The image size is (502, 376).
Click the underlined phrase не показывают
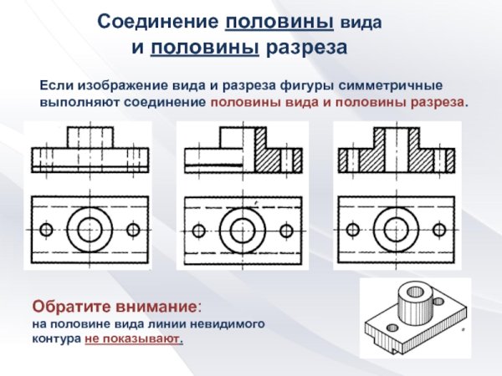133,340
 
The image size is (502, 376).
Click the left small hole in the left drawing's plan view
46,229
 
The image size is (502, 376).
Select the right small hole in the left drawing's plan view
132,229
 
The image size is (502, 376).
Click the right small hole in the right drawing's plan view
439,229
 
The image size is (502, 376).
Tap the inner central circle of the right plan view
395,228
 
